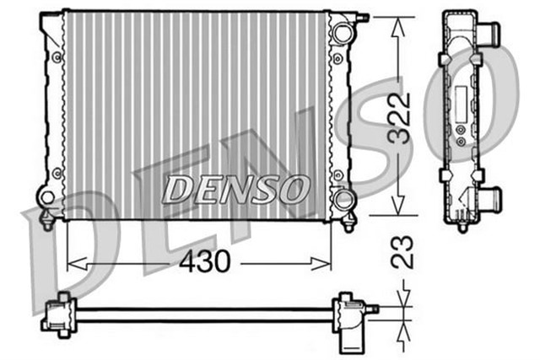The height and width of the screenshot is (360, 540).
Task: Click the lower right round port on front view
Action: tap(342, 199)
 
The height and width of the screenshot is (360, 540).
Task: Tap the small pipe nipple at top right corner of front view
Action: tap(364, 17)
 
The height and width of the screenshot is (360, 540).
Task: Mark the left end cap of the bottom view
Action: tap(57, 314)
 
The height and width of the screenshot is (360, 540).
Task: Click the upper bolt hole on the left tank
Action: tap(57, 56)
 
